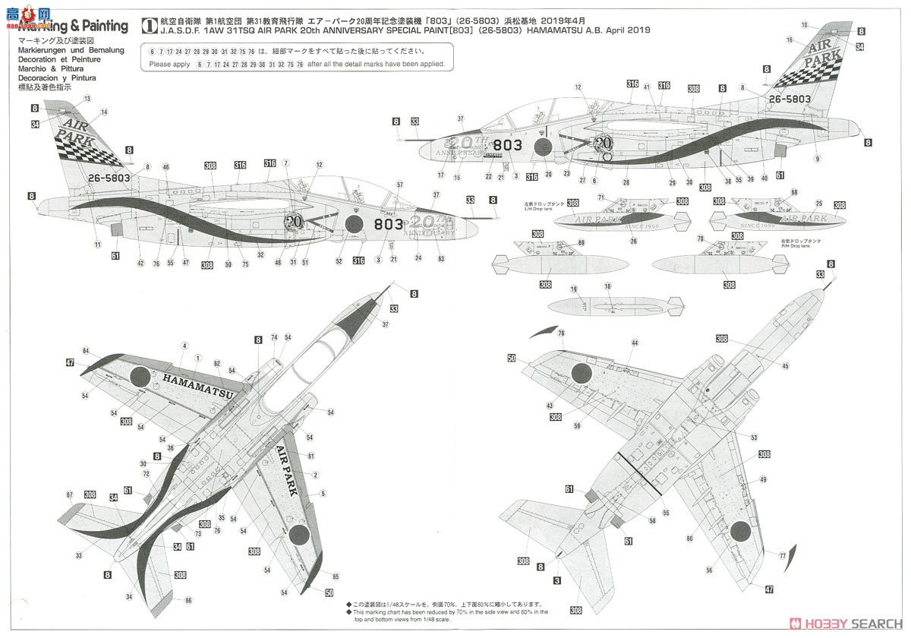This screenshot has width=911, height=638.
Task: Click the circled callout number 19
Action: point(575,289)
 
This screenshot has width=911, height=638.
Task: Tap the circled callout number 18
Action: point(607,286)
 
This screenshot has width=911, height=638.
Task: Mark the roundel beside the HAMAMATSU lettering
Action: point(142,376)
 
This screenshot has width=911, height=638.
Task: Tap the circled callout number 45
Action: point(785,366)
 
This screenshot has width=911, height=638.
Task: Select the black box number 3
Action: point(557,581)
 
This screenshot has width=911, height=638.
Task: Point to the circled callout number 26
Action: point(632,241)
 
